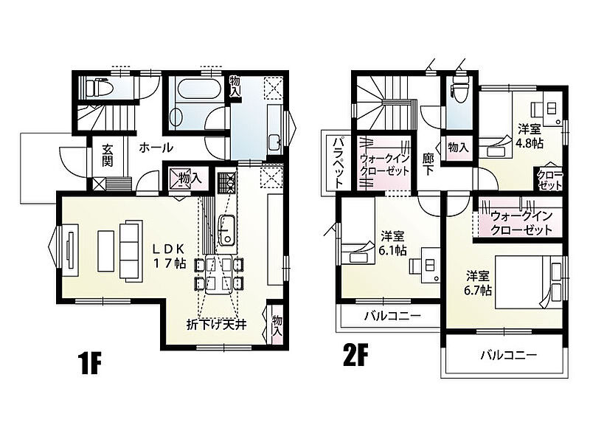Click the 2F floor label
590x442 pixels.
(355, 356)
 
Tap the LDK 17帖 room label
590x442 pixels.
(169, 256)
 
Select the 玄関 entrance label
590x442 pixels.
(107, 156)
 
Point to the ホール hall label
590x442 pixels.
(156, 148)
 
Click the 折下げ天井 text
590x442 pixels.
(216, 325)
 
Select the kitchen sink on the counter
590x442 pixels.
(227, 229)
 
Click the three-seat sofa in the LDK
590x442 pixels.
(131, 251)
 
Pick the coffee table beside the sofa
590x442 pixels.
(105, 251)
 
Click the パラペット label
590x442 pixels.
(339, 162)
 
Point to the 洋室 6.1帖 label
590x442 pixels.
(392, 244)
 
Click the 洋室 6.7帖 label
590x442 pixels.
(478, 283)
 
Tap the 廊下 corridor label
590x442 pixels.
(428, 165)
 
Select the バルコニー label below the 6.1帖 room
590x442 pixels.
(392, 315)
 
